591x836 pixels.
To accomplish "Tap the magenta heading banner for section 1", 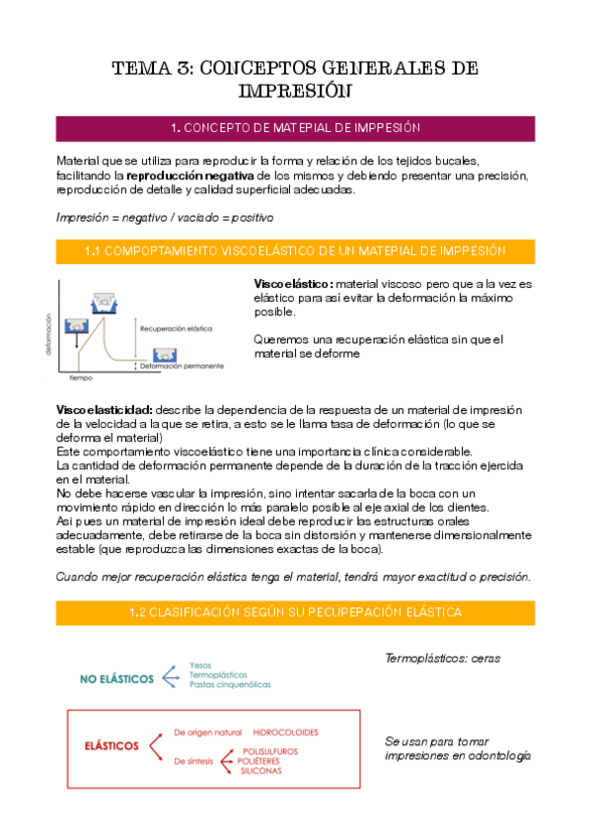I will (x=295, y=128).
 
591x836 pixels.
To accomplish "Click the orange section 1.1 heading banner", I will (x=295, y=252).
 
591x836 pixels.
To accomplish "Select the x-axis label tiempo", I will (x=81, y=376).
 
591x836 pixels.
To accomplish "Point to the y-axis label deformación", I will (x=46, y=335).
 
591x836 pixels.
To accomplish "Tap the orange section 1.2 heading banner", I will (x=295, y=612).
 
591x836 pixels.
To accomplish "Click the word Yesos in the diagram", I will (x=200, y=665).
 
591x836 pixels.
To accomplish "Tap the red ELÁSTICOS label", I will (x=111, y=745).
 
